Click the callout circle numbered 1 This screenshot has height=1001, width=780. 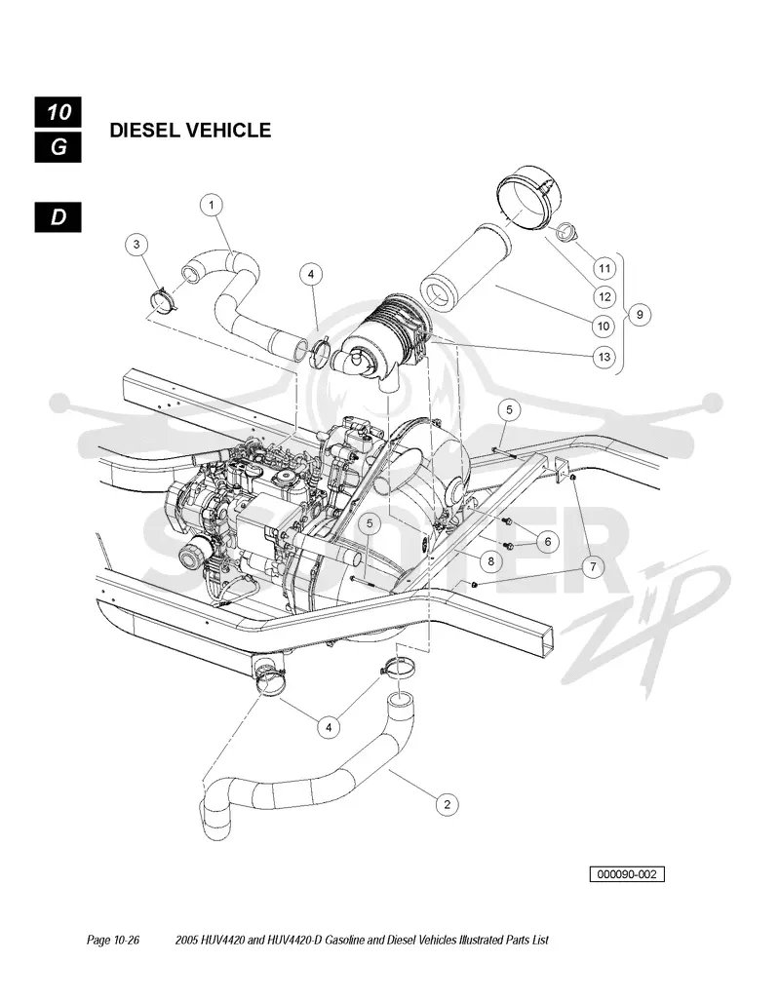coord(211,206)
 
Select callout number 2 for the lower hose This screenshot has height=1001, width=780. coord(447,804)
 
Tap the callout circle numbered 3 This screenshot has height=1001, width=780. coord(136,244)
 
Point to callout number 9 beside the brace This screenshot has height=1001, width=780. coord(640,314)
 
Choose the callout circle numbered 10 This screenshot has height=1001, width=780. coord(604,327)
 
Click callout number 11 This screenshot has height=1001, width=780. coord(604,269)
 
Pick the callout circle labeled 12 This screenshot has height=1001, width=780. coord(604,297)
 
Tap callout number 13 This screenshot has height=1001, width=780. coord(604,356)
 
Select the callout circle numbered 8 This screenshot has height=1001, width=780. coord(490,561)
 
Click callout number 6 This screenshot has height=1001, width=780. coord(548,542)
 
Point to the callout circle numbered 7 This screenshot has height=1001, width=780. coord(593,566)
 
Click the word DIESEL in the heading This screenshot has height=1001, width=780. coord(145,131)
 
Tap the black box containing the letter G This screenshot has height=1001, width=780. coord(58,147)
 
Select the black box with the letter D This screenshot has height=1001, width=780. coord(58,217)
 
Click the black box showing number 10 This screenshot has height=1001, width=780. coord(58,112)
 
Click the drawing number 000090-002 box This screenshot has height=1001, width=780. coord(627,874)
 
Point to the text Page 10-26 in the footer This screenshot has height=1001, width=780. coord(113,940)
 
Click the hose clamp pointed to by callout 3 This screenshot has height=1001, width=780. coord(164,301)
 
